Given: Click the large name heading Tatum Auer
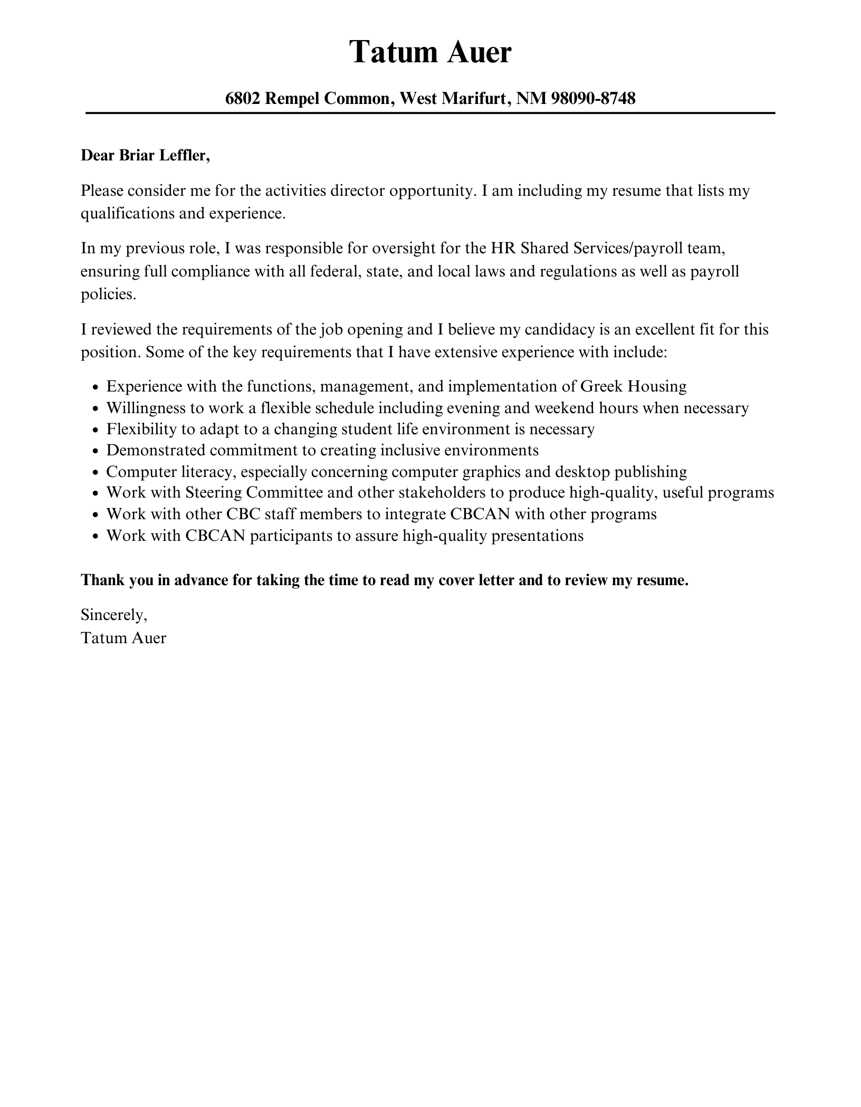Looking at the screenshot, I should coord(430,53).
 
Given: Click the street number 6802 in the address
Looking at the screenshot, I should coord(242,98).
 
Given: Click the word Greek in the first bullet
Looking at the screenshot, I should coord(601,386).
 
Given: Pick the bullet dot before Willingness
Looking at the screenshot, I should coord(95,409).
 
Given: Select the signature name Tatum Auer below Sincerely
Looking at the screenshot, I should coord(123,638).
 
